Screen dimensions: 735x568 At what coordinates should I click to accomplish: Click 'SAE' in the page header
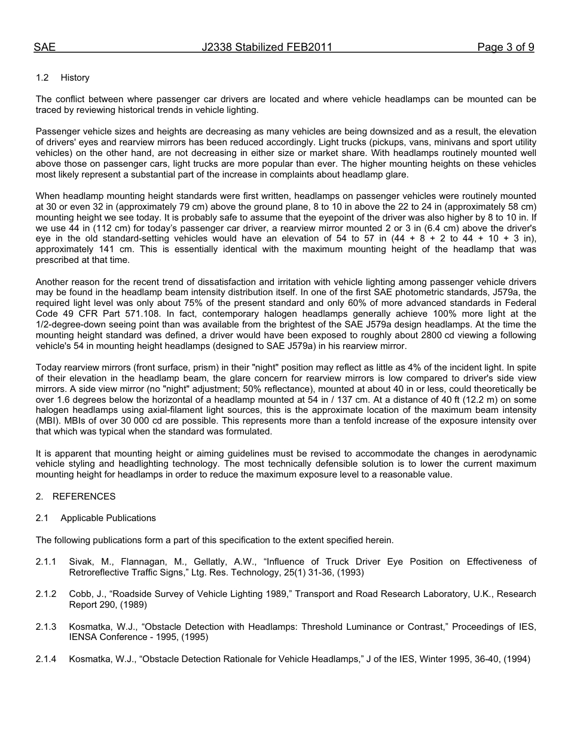(x=44, y=47)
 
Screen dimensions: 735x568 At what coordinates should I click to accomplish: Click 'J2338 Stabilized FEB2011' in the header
(x=267, y=47)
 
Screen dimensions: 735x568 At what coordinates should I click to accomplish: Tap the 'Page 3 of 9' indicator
(x=505, y=47)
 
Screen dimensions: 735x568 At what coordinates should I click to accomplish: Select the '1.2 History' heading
(x=63, y=78)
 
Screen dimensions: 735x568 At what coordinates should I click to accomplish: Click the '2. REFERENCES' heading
(x=75, y=497)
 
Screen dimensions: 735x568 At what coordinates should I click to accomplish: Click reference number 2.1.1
(x=46, y=562)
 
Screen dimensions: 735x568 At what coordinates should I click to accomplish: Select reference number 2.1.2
(x=46, y=594)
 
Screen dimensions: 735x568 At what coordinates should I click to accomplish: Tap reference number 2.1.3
(x=46, y=627)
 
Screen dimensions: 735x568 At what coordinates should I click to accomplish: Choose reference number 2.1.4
(x=46, y=660)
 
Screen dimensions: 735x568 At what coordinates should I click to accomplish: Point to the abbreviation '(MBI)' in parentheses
(x=47, y=421)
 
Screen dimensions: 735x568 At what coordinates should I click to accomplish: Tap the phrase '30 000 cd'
(x=120, y=421)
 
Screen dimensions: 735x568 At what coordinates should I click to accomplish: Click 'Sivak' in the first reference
(x=81, y=562)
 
